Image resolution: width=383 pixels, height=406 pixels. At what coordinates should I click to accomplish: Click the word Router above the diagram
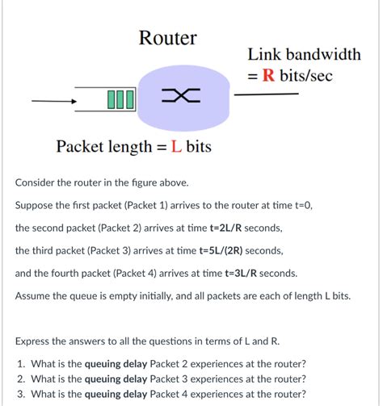tap(167, 38)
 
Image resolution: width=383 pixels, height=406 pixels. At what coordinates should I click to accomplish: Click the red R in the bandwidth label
tap(269, 76)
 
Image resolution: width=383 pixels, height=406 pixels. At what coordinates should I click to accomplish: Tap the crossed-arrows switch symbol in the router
tap(181, 98)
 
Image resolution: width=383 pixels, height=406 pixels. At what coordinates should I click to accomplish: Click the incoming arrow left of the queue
tap(53, 102)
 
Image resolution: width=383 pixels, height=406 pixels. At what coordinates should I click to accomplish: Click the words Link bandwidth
tap(304, 55)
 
